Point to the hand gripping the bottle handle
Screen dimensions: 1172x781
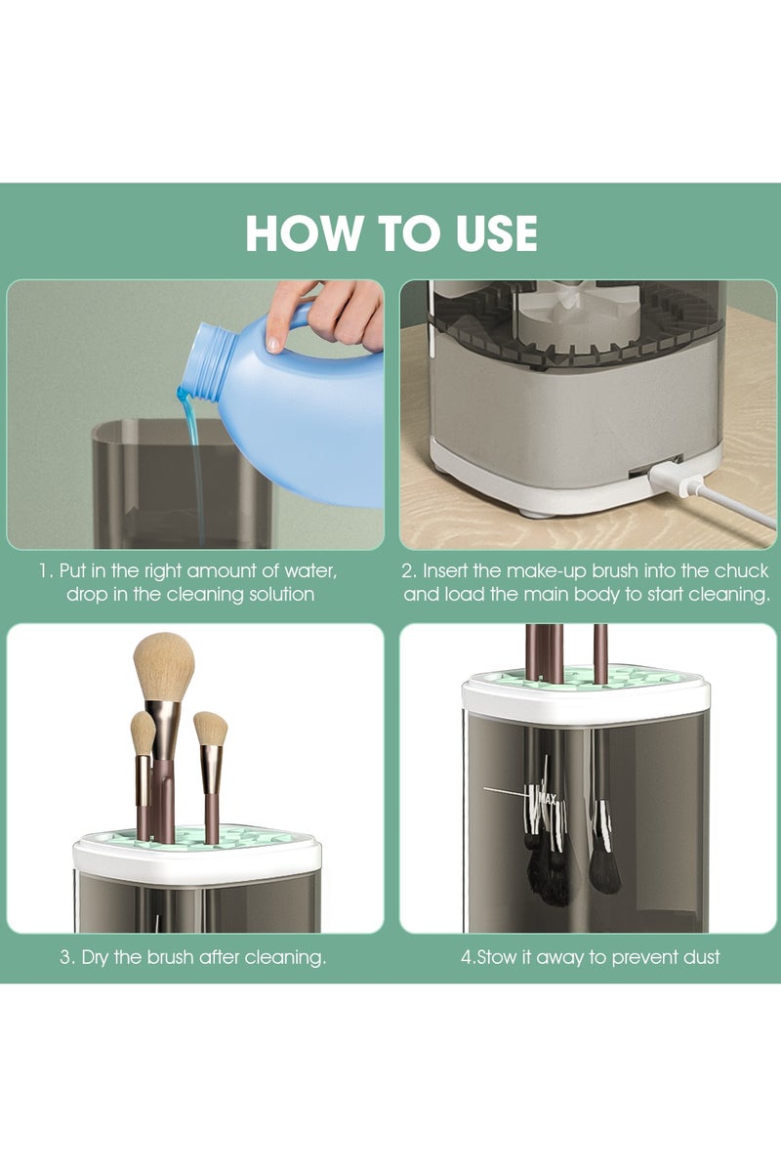click(x=332, y=311)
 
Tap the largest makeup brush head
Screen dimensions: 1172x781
click(x=164, y=666)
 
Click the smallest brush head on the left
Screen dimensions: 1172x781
click(x=143, y=732)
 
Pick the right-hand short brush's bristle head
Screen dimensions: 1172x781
click(x=210, y=729)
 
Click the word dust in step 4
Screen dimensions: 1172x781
click(x=698, y=957)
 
